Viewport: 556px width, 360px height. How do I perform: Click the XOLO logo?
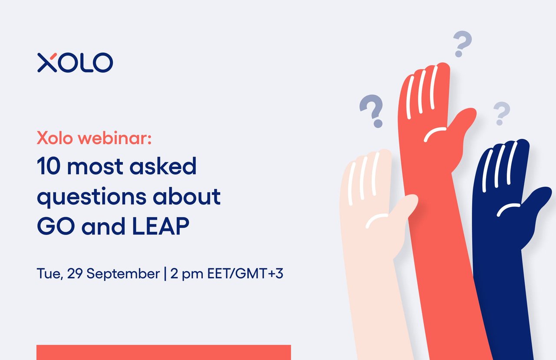point(75,62)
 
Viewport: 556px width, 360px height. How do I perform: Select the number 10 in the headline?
point(49,166)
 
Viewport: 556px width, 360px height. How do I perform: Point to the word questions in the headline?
point(92,197)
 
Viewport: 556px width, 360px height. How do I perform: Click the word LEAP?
point(161,226)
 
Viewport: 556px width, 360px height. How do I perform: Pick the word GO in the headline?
point(56,226)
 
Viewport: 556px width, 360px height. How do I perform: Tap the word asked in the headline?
point(163,165)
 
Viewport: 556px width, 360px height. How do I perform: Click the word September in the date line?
point(123,274)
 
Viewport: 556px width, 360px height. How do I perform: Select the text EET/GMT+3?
point(245,274)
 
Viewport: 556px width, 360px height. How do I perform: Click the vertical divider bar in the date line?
point(165,274)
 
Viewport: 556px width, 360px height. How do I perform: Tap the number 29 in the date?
point(75,274)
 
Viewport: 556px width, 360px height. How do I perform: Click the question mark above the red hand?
point(462,44)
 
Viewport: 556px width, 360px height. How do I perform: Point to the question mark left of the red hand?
point(371,111)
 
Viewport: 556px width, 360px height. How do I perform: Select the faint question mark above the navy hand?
point(501,113)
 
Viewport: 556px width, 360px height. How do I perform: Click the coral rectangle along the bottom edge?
point(164,352)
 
